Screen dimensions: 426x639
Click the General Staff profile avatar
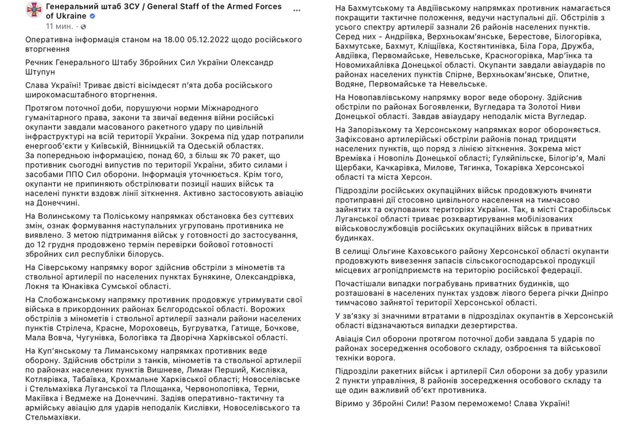(34, 11)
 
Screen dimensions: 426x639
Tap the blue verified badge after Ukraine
(92, 16)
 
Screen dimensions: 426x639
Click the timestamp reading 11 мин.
(59, 26)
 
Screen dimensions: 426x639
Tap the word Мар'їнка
(568, 55)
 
